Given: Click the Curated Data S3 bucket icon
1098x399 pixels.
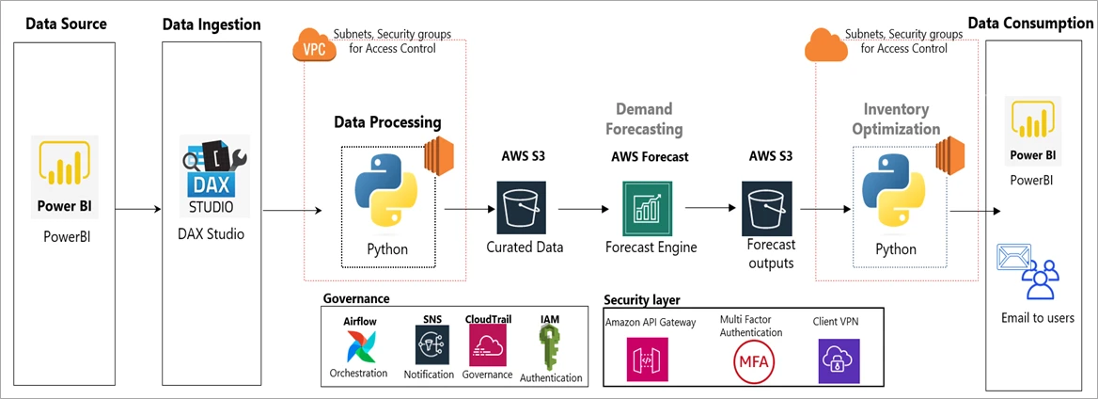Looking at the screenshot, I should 523,208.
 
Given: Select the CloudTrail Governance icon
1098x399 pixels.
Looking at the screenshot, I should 487,345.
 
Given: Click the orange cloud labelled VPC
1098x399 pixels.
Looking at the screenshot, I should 314,48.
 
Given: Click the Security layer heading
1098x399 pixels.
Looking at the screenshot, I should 642,300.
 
